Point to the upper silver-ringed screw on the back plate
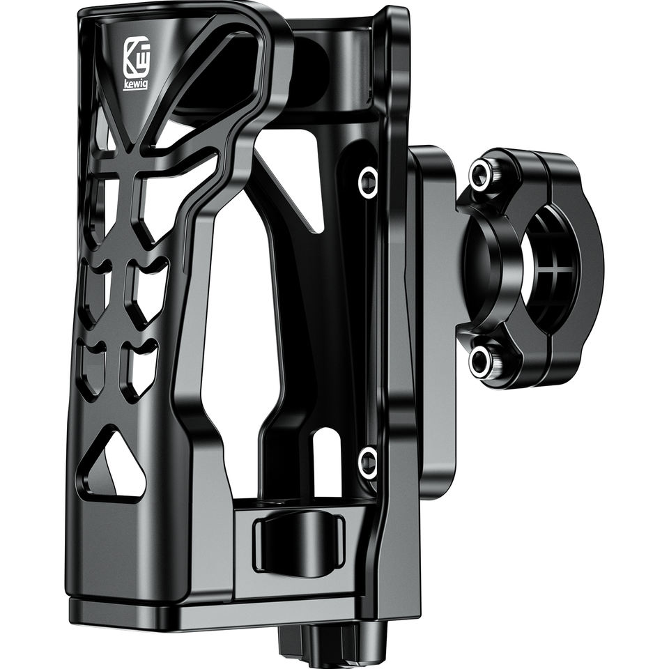point(367,181)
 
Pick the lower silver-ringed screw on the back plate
point(367,462)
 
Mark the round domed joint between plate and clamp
point(481,268)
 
